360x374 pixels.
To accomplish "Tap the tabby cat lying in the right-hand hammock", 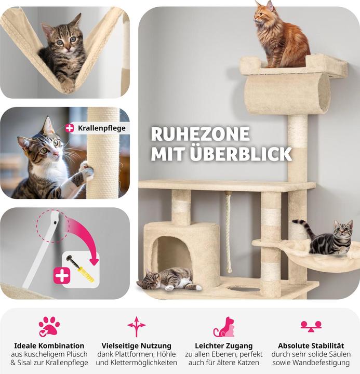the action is tap(327, 238).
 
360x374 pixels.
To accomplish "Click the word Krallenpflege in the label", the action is tap(102, 128).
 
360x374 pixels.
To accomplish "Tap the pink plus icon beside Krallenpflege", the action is tap(70, 128).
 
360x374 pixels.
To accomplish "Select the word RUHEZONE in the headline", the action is tap(201, 135).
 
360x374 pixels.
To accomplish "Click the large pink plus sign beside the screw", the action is tap(62, 275).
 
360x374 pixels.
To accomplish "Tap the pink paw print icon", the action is tap(49, 327).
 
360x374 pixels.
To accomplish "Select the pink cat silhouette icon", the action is tap(224, 327).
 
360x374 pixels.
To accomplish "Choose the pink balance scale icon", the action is tap(311, 327).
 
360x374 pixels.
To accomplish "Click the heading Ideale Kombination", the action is tap(49, 345).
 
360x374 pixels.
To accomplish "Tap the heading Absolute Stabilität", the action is tap(311, 345).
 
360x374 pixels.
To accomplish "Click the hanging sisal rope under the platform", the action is tap(228, 231).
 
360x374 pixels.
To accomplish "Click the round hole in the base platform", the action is tap(244, 289).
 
